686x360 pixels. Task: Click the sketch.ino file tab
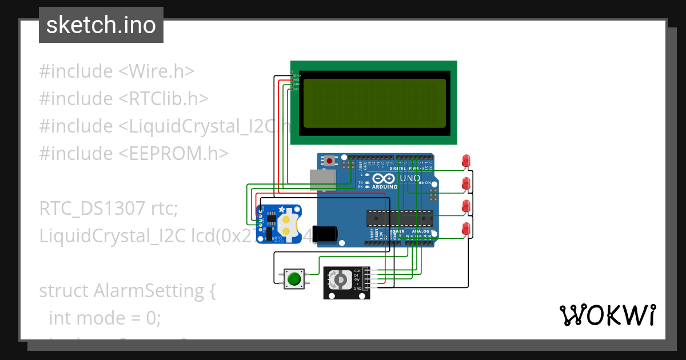point(101,25)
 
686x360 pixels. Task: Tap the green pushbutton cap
point(294,279)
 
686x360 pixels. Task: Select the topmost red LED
point(466,161)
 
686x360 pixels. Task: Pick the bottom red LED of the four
point(466,228)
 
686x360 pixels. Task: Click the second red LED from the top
point(466,183)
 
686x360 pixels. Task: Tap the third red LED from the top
point(466,206)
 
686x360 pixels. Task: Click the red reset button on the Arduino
point(329,161)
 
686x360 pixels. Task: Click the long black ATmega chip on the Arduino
point(400,218)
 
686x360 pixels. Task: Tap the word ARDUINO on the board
point(384,187)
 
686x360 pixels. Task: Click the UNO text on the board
point(409,178)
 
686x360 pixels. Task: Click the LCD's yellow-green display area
point(374,103)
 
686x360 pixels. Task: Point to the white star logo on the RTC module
point(281,211)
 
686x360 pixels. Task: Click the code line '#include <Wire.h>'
point(117,71)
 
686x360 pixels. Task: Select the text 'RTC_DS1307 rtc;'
point(109,209)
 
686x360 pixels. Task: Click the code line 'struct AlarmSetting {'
point(127,291)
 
